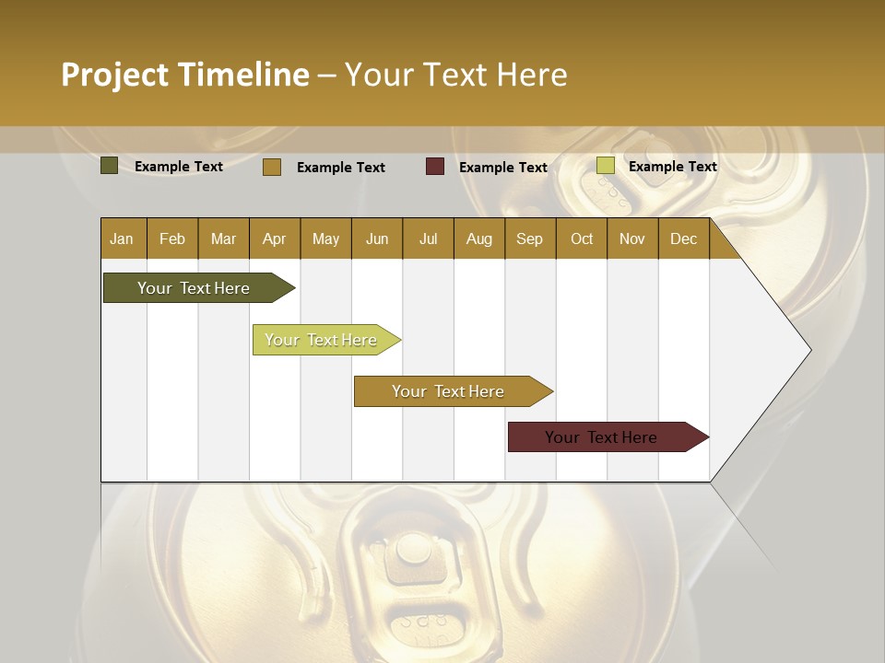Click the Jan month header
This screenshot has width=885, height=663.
coord(123,239)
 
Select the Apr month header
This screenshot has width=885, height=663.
coord(274,239)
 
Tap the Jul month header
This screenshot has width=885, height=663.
coord(428,239)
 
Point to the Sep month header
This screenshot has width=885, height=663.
coord(529,239)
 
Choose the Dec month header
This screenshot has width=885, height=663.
coord(683,239)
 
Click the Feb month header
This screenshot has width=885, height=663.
coord(172,239)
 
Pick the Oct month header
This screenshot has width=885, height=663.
coord(582,239)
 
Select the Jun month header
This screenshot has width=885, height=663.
coord(377,239)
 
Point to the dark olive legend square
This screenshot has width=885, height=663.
coord(109,166)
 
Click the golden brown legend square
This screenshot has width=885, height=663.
coord(271,167)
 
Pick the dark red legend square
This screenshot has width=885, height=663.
coord(435,167)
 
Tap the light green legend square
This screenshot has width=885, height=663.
coord(605,166)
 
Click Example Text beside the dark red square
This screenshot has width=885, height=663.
coord(503,168)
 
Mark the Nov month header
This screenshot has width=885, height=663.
coord(632,239)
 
